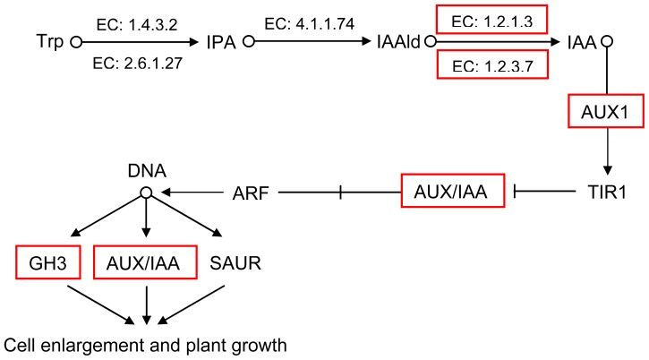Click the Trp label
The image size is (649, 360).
click(x=48, y=42)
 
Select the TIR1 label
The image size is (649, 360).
click(x=609, y=191)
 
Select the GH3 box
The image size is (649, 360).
click(x=44, y=262)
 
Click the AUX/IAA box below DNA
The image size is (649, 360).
click(x=145, y=262)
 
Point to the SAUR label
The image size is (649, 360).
click(x=235, y=262)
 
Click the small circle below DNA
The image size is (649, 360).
click(x=145, y=191)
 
